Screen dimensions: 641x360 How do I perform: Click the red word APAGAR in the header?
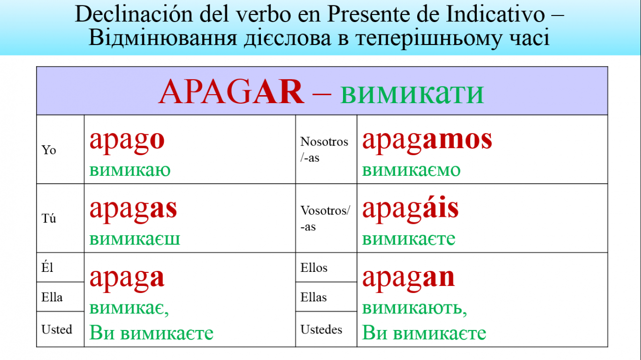(x=231, y=91)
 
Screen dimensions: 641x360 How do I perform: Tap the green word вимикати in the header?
(x=412, y=94)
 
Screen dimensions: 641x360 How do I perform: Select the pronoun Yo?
(x=49, y=150)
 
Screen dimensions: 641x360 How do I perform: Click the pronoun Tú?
(x=49, y=218)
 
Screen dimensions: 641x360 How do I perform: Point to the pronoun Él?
(x=47, y=267)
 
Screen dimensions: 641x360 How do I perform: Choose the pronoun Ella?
(x=52, y=297)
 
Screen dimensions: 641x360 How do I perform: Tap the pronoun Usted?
(x=57, y=329)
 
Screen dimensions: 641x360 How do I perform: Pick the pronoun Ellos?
(x=313, y=267)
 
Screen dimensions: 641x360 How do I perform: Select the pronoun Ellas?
(x=313, y=297)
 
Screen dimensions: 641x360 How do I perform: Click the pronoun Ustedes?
(x=321, y=329)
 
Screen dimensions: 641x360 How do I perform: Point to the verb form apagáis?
(x=410, y=209)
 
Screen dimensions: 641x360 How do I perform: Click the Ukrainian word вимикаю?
(x=130, y=170)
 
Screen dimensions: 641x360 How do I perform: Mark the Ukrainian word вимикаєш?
(x=135, y=239)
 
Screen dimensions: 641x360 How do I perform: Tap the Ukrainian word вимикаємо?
(x=411, y=170)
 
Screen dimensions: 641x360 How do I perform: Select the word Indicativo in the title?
(x=495, y=14)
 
